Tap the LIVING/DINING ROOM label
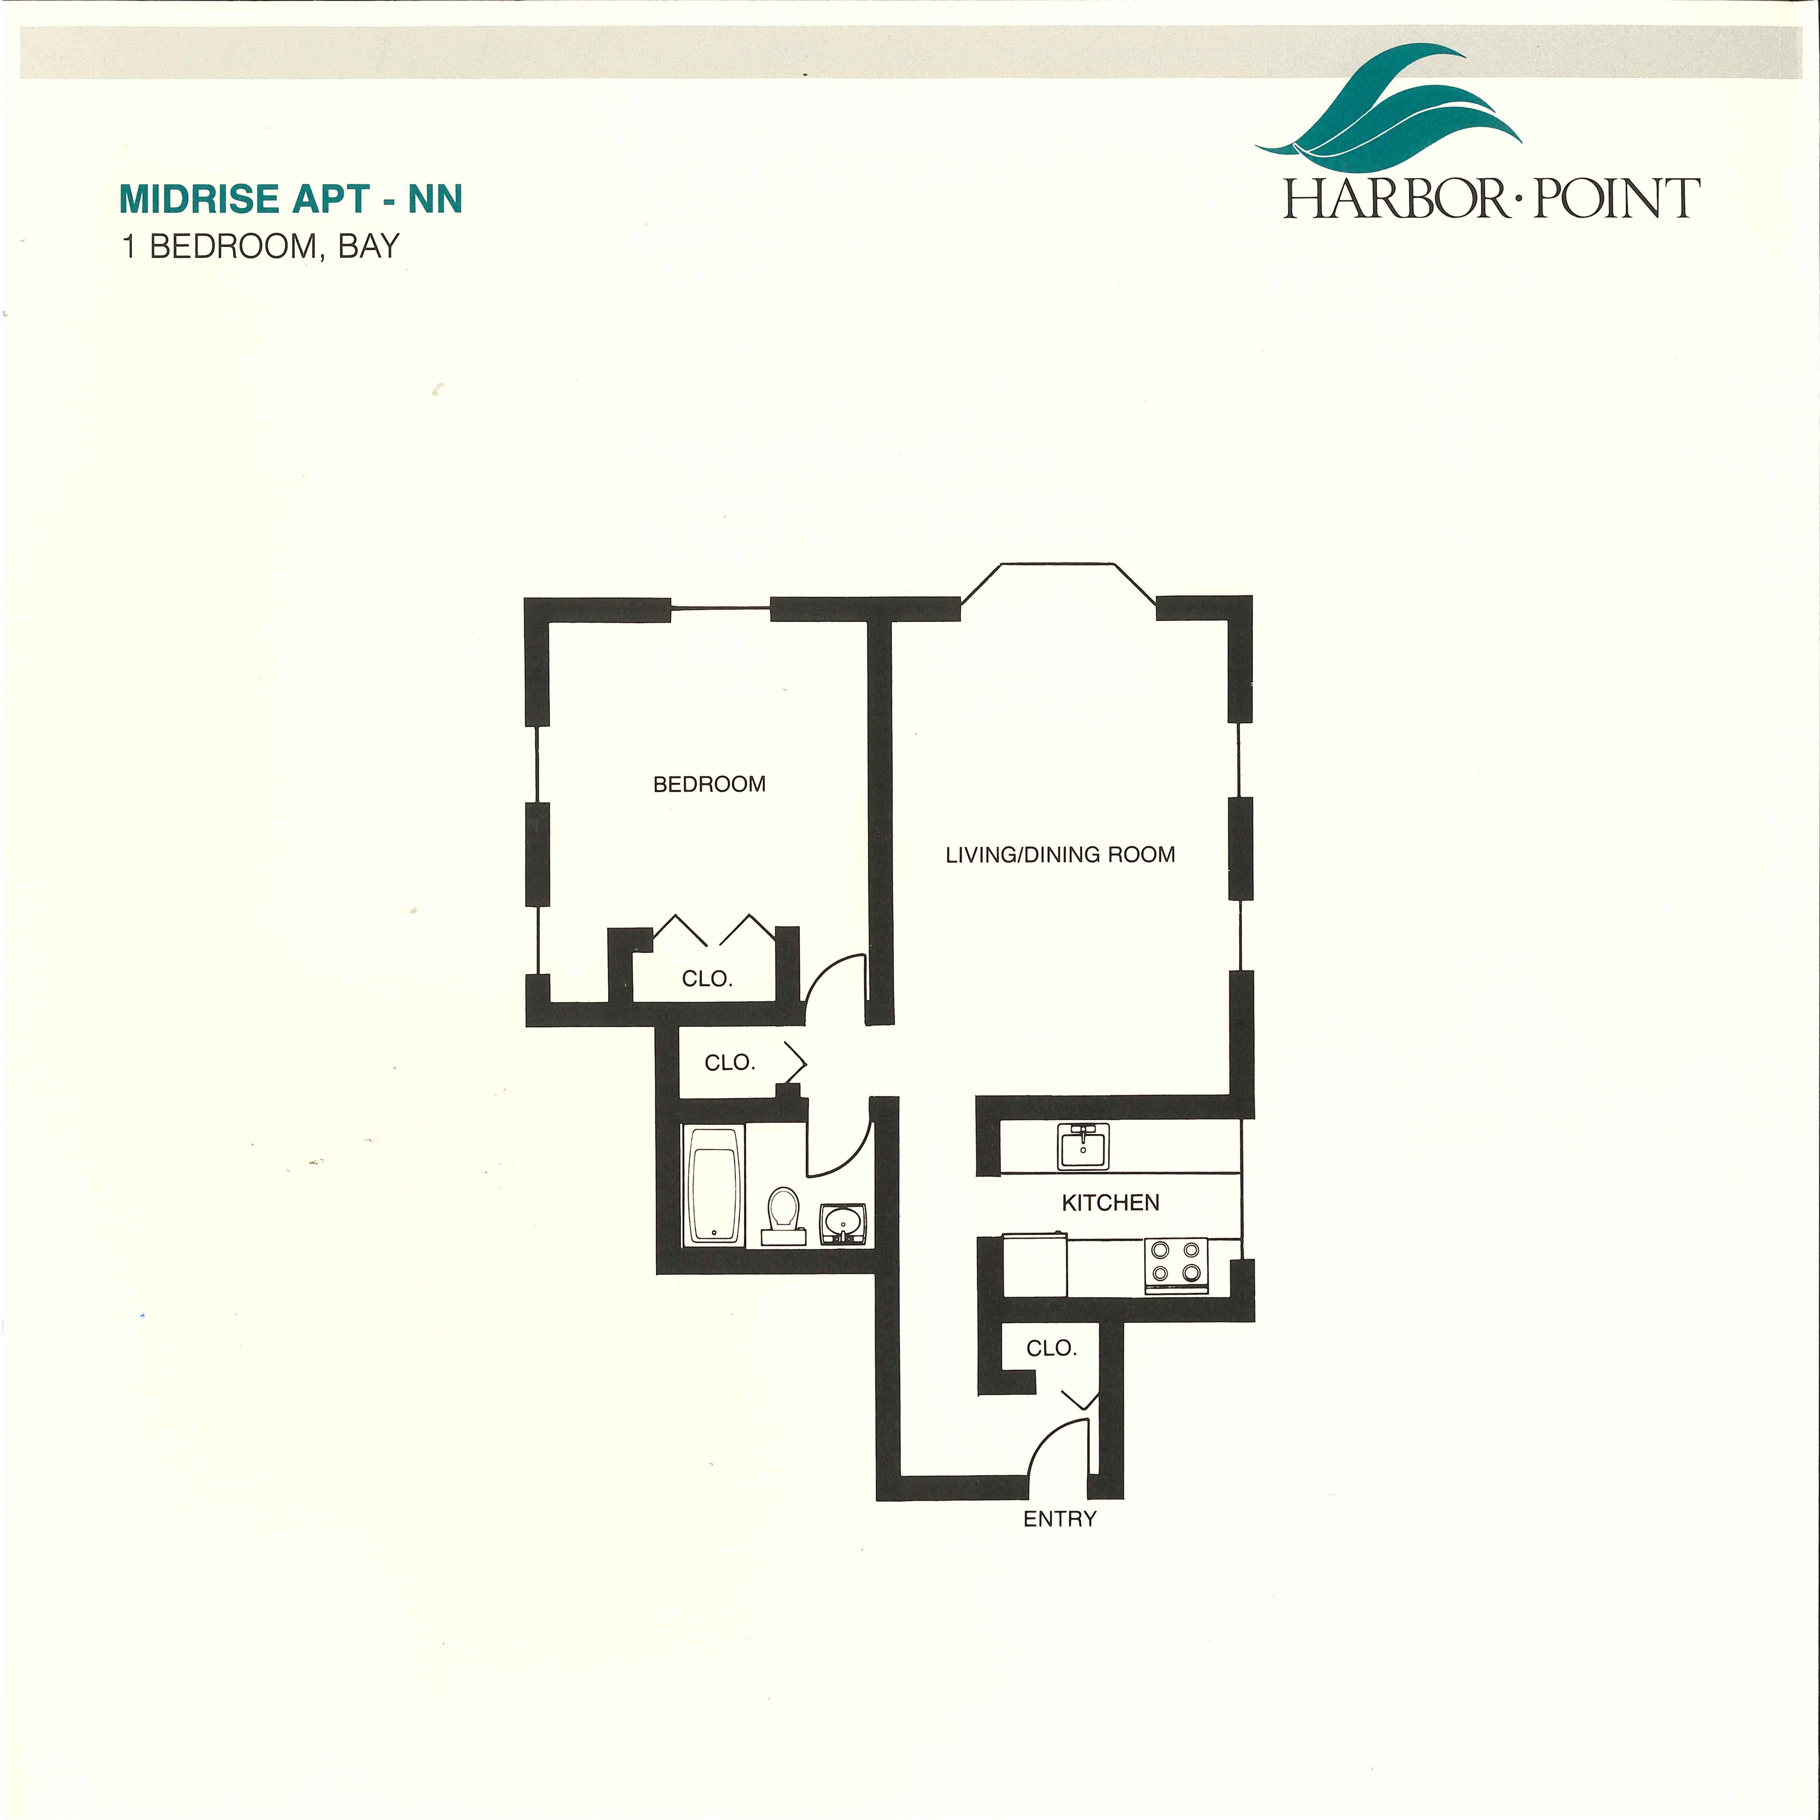[1060, 854]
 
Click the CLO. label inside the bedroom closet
[706, 979]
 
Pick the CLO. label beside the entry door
[1051, 1348]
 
